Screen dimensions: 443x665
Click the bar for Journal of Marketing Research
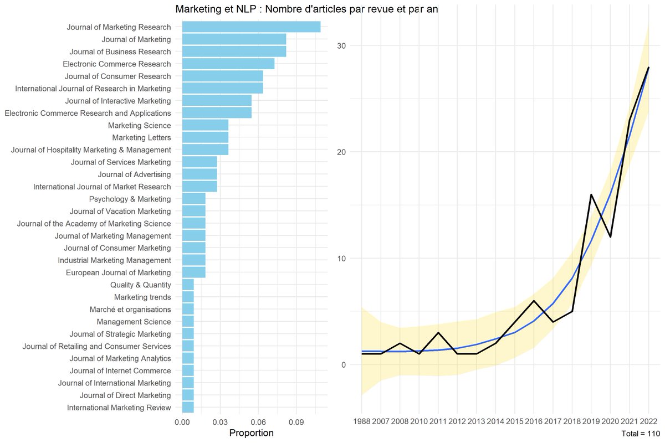(251, 27)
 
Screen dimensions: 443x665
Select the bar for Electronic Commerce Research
(228, 64)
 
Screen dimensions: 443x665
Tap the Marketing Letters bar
(205, 137)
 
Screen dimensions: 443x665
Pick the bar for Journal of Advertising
(199, 174)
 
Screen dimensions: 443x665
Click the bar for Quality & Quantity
(188, 285)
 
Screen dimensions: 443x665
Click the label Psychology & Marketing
(130, 199)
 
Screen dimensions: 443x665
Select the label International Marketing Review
(119, 408)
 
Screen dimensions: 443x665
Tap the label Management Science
(134, 322)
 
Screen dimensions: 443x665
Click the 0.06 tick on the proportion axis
(258, 422)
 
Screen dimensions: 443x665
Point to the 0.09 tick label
(296, 422)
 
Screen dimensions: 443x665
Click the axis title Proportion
(251, 433)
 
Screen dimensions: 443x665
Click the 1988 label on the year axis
(362, 422)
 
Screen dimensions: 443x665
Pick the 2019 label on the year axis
(591, 422)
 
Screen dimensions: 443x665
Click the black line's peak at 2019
(591, 194)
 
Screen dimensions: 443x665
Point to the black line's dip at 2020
(610, 237)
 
